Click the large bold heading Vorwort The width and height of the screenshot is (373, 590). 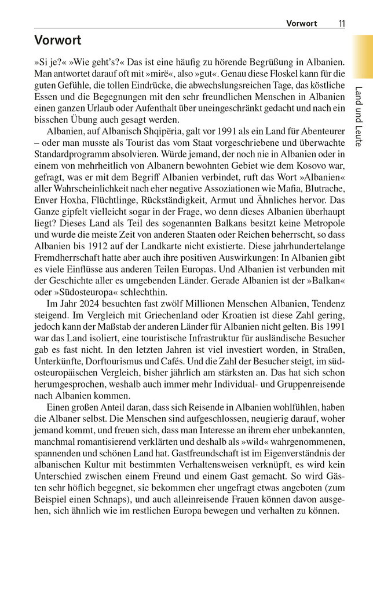[x=58, y=40]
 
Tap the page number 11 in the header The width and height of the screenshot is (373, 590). [x=341, y=24]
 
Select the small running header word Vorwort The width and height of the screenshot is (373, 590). [x=302, y=24]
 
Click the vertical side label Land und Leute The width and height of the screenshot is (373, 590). [x=359, y=116]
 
